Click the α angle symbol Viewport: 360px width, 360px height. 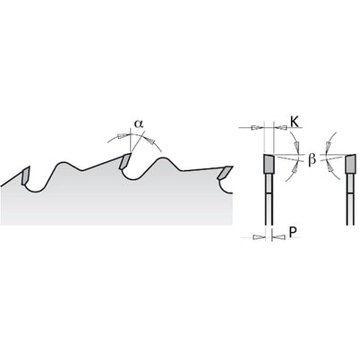(138, 124)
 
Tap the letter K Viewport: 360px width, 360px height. (294, 122)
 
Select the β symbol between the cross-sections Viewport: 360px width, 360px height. (312, 159)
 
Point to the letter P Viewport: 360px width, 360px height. (294, 232)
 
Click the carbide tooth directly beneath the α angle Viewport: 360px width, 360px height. (124, 161)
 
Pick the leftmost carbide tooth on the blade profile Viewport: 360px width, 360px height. (25, 176)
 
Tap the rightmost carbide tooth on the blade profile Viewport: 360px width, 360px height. (225, 172)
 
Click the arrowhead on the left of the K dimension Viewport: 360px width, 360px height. (256, 128)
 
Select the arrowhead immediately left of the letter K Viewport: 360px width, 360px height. (282, 128)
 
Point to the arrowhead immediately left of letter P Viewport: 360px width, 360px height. (280, 237)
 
